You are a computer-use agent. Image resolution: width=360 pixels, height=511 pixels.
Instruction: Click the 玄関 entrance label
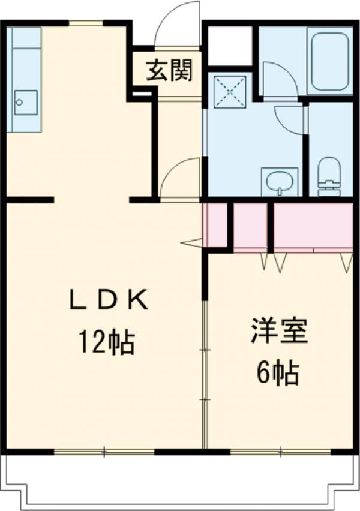point(170,70)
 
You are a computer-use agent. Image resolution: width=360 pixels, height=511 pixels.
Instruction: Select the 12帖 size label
point(106,342)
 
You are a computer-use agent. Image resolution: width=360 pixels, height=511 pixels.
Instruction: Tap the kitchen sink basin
point(25,103)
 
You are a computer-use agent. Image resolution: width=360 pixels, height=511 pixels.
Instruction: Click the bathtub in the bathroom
point(329,61)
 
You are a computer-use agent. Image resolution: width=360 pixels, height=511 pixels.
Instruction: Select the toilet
point(329,176)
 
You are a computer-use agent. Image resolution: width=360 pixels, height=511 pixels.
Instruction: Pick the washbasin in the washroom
point(280,182)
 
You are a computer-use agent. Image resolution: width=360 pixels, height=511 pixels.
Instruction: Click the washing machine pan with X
point(230,91)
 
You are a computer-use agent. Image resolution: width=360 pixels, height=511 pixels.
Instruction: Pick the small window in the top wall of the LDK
point(86,23)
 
